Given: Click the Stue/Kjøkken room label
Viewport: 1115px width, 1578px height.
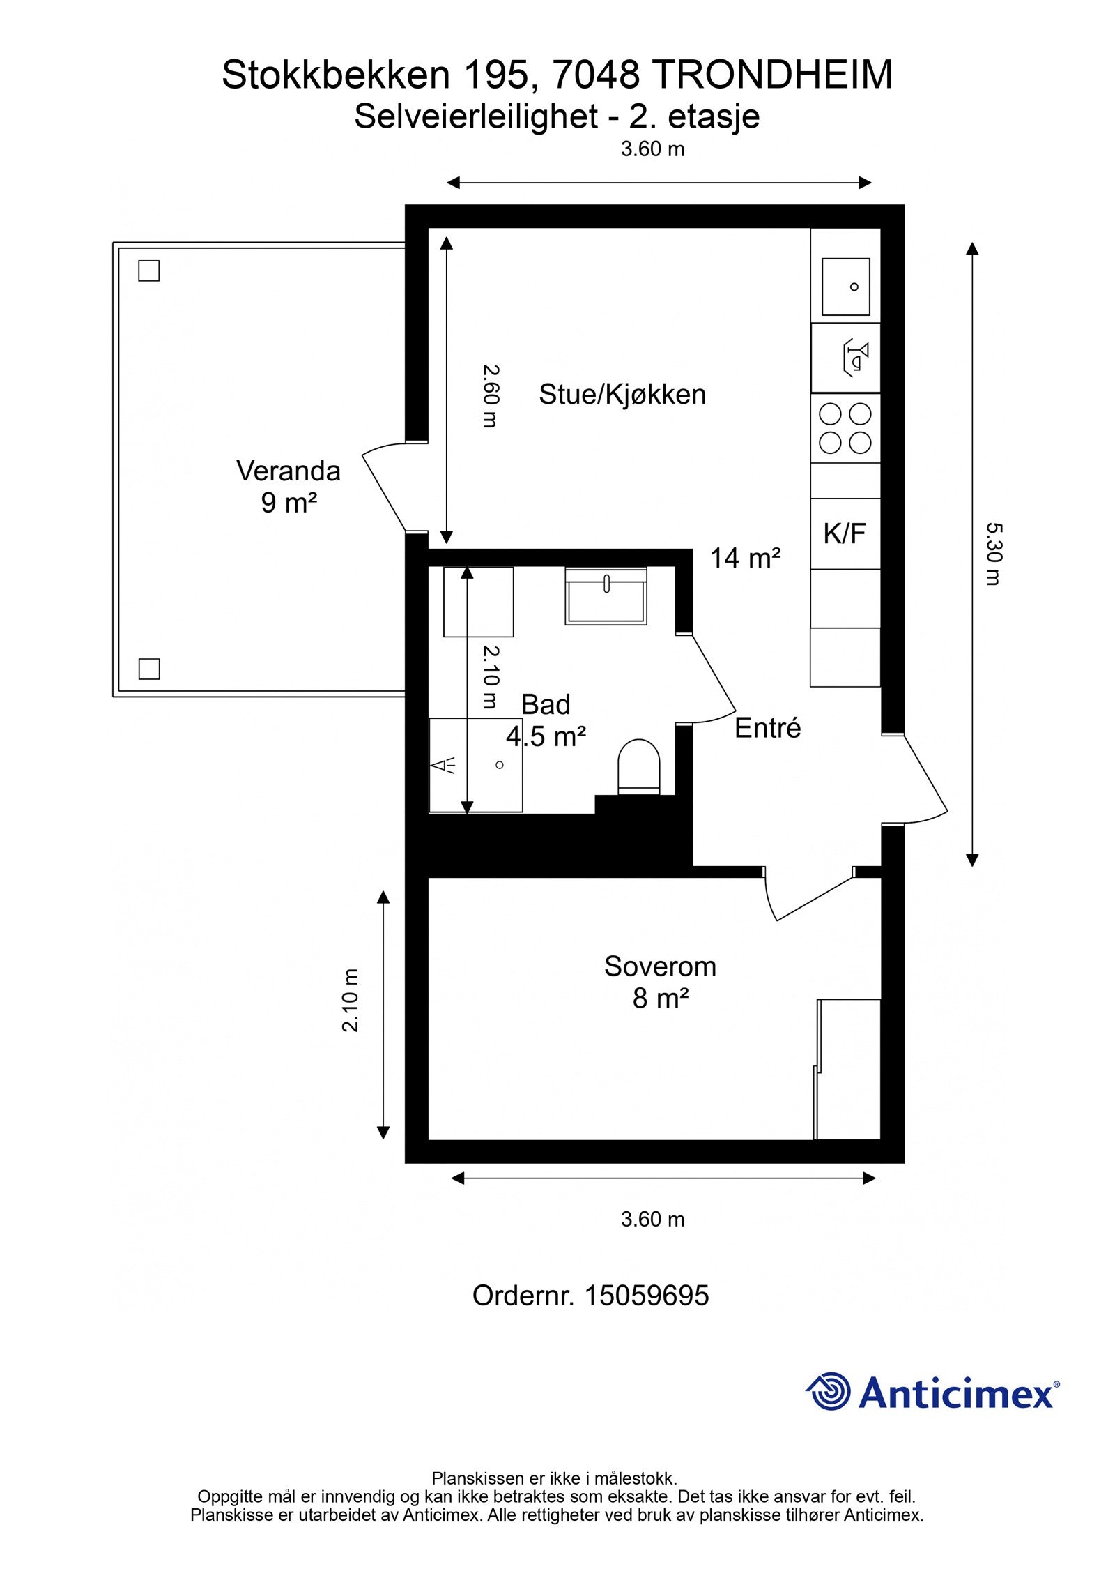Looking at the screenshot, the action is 622,395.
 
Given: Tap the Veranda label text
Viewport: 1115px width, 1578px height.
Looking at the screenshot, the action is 289,471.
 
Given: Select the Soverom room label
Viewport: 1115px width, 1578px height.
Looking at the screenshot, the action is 660,966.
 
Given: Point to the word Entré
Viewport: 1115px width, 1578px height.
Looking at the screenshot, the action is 768,729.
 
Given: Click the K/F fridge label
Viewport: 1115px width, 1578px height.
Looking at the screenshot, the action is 845,534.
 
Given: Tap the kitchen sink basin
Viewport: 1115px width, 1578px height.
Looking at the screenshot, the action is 845,287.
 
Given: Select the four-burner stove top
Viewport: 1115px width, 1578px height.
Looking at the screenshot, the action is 845,428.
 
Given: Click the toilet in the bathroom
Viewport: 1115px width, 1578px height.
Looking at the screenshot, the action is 639,766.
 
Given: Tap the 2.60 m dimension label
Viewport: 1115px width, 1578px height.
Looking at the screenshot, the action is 491,396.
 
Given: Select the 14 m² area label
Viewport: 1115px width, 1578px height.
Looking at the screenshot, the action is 745,558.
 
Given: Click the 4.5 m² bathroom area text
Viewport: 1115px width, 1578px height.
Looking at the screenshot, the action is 546,736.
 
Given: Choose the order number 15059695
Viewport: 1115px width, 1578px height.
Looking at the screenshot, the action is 646,1296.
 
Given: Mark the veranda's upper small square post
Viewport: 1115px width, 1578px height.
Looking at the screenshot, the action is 149,271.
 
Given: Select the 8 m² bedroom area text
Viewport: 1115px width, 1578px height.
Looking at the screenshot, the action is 661,999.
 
